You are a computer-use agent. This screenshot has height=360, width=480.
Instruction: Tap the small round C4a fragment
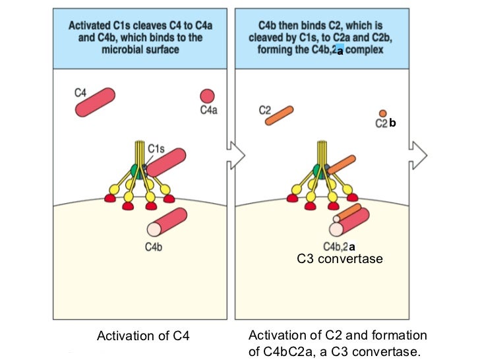pyautogui.click(x=207, y=96)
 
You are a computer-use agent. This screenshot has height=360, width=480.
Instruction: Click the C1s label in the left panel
pyautogui.click(x=156, y=149)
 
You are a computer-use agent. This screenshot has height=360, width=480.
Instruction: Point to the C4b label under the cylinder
pyautogui.click(x=154, y=247)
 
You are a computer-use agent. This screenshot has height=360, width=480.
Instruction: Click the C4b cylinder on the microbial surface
pyautogui.click(x=169, y=223)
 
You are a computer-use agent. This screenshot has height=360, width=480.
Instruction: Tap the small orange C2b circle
pyautogui.click(x=382, y=113)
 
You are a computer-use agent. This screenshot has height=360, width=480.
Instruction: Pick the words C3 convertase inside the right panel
pyautogui.click(x=340, y=259)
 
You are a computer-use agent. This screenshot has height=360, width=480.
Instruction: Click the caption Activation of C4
pyautogui.click(x=143, y=336)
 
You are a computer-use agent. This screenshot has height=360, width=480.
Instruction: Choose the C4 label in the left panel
pyautogui.click(x=80, y=93)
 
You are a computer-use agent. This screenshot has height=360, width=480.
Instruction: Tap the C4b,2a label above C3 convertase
pyautogui.click(x=340, y=247)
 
